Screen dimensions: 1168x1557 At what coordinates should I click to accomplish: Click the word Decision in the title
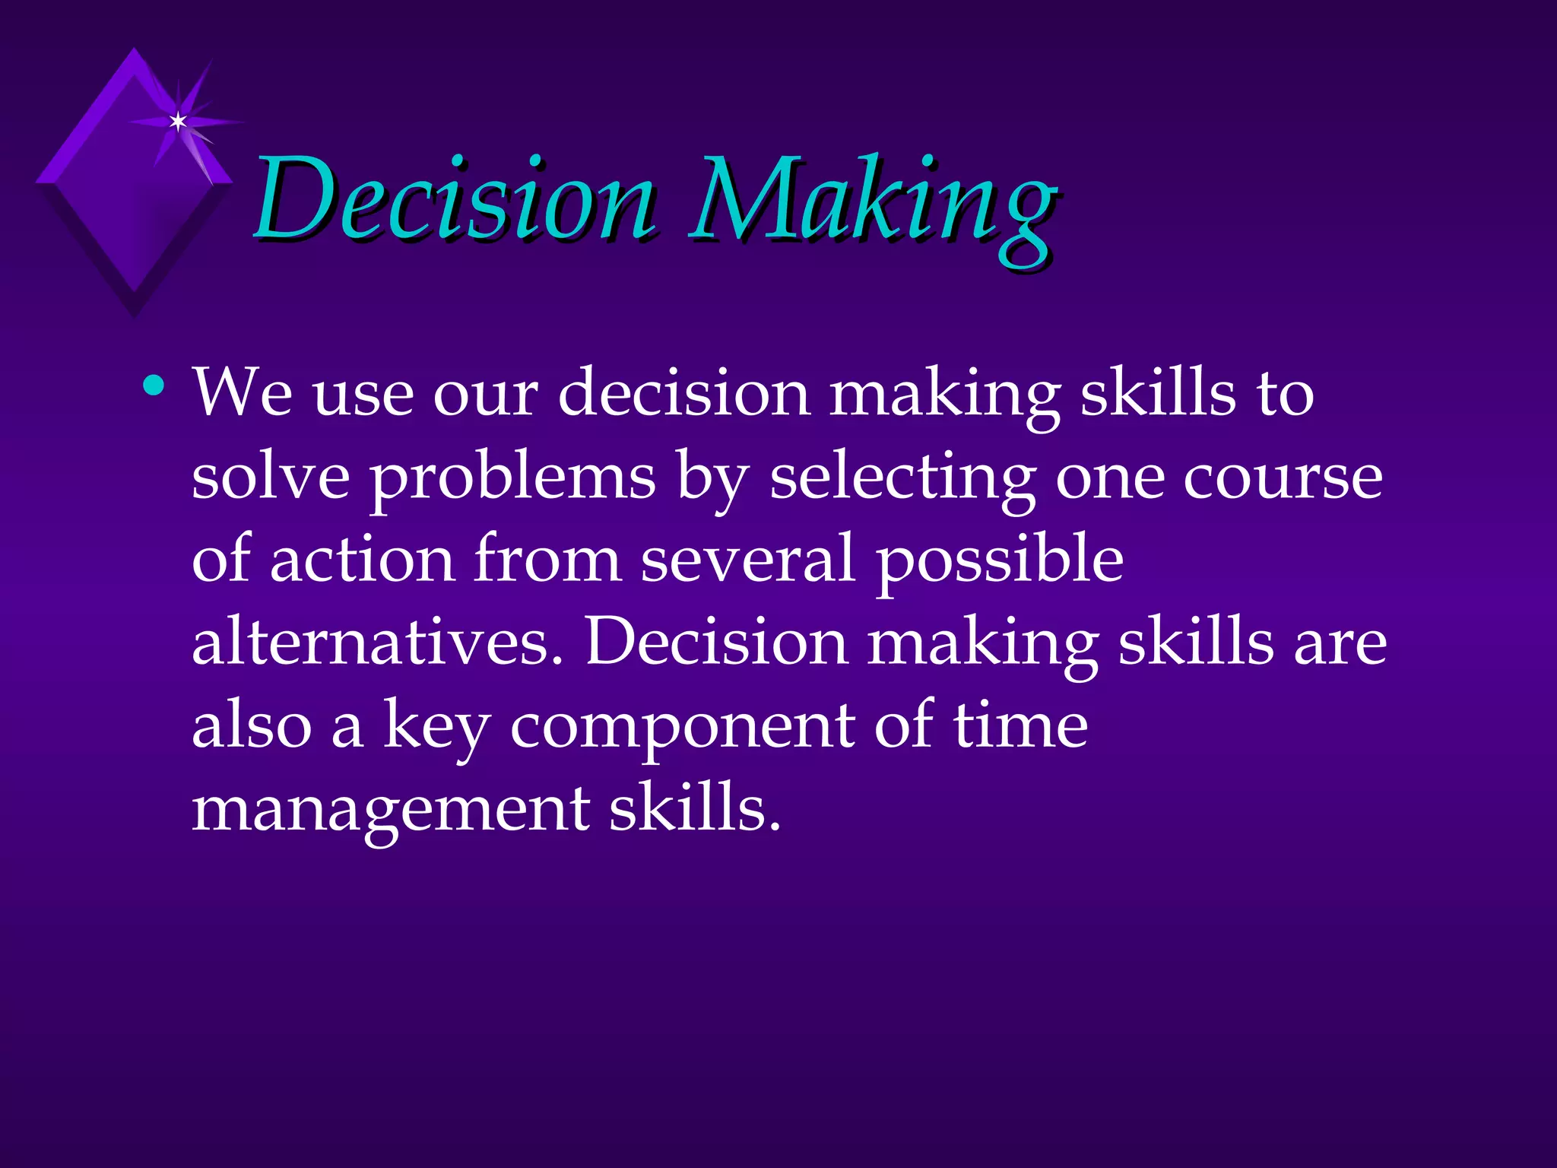pyautogui.click(x=455, y=199)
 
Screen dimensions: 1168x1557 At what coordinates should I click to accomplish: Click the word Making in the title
pyautogui.click(x=873, y=204)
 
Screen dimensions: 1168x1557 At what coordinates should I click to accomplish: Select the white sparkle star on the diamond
pyautogui.click(x=178, y=121)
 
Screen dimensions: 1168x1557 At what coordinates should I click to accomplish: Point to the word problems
pyautogui.click(x=513, y=479)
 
